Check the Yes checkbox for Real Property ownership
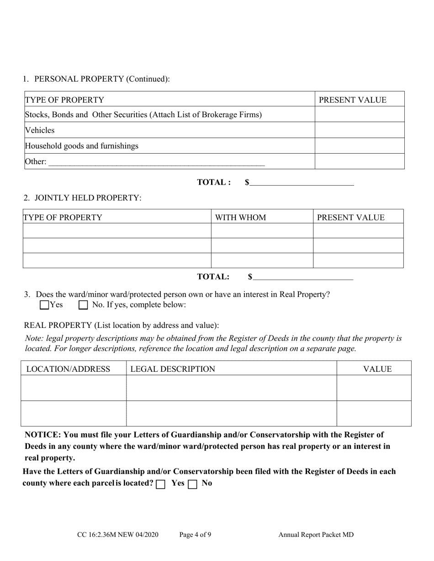(44, 305)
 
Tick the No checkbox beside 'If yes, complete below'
(83, 305)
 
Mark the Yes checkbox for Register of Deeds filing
(160, 484)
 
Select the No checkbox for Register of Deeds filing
(192, 484)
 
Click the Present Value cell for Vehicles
(360, 130)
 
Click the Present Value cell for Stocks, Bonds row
(360, 114)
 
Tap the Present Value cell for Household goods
(360, 146)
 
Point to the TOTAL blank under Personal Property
(302, 183)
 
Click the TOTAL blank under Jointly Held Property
(303, 277)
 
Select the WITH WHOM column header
(240, 218)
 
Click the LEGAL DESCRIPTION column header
(173, 369)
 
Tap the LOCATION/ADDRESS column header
(68, 369)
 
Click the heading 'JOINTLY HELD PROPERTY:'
(88, 198)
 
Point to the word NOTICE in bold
(42, 435)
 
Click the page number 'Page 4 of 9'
(195, 535)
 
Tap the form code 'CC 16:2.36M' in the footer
(101, 535)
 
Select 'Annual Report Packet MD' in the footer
(316, 535)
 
